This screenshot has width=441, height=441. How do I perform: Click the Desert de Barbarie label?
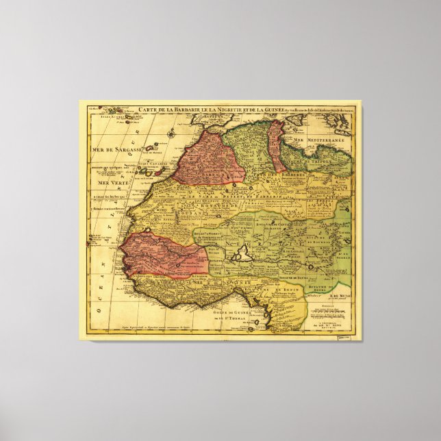tap(270, 194)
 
